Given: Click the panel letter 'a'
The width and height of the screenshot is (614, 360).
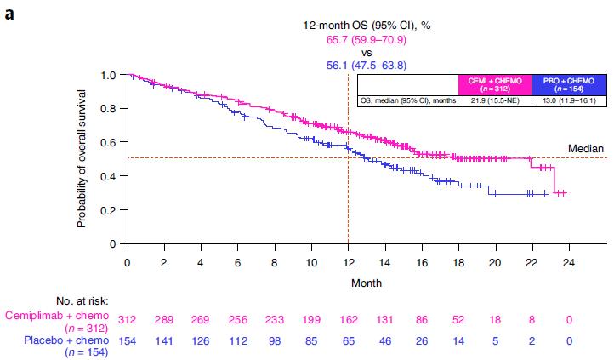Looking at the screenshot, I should pos(8,11).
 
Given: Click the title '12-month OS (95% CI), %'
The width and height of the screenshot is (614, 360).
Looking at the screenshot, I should pos(367,26).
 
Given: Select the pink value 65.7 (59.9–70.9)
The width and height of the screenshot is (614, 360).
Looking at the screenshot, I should pos(367,39).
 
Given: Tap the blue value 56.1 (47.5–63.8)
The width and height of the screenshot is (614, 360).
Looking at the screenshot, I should pos(367,66).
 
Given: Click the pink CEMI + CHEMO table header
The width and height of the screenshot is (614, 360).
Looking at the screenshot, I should pos(496,83).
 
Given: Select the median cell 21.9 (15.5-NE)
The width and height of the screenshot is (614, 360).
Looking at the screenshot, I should pos(496,100).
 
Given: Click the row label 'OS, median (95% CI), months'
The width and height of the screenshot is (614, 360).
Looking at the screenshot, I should pos(407,100).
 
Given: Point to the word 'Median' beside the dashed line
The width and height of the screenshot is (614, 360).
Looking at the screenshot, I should pos(586,148).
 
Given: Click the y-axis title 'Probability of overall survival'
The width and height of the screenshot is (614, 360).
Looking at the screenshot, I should pos(82,160).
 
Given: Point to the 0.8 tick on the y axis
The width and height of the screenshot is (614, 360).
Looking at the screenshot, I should pos(109,109).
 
